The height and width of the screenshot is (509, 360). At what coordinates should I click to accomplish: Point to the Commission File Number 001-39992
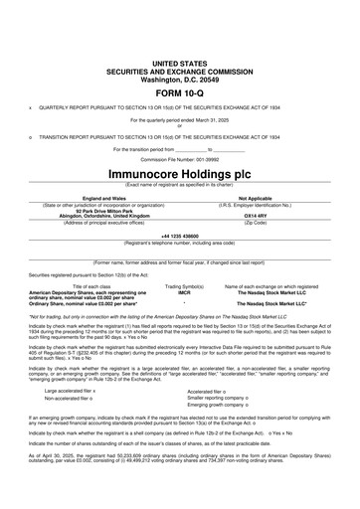(x=180, y=157)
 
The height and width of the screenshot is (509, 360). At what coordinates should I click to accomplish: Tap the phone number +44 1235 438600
(x=180, y=235)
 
